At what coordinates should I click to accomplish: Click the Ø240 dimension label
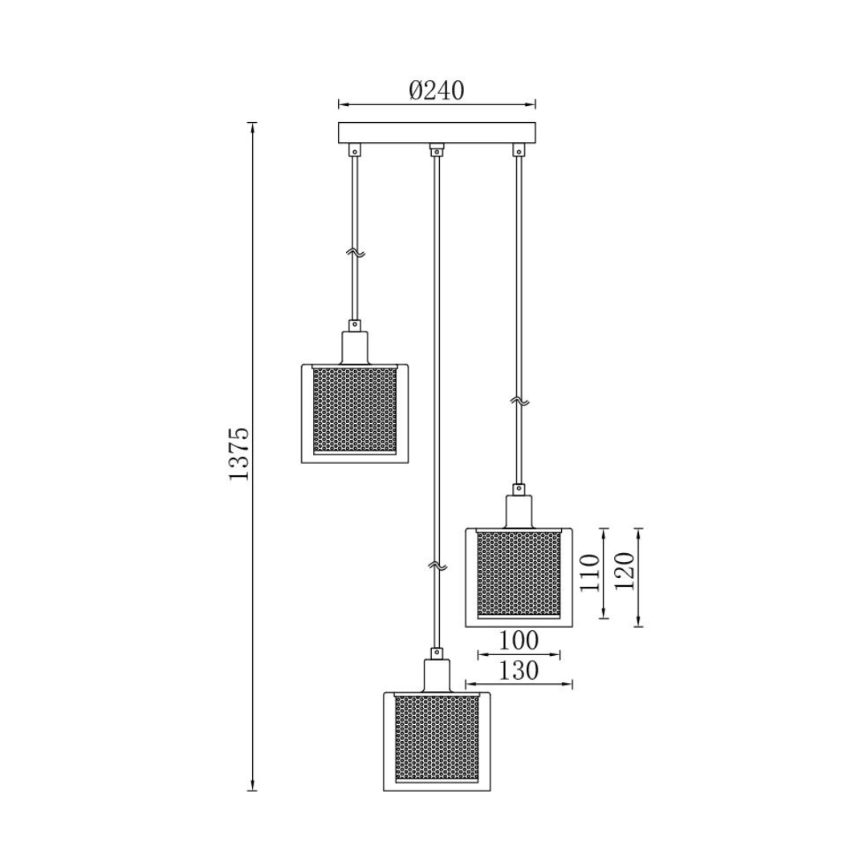pos(436,90)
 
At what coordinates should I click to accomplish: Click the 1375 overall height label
pos(239,454)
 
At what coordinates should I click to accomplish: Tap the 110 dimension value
pos(590,572)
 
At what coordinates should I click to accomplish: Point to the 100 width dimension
pos(518,641)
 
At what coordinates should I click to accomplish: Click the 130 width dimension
pos(518,670)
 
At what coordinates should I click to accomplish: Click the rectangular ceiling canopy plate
pos(437,132)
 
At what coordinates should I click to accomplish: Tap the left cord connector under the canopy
pos(354,149)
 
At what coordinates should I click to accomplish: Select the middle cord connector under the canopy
pos(437,149)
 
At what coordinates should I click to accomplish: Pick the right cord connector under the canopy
pos(519,149)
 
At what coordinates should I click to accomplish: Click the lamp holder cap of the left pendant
pos(354,345)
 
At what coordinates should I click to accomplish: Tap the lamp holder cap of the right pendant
pos(519,509)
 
